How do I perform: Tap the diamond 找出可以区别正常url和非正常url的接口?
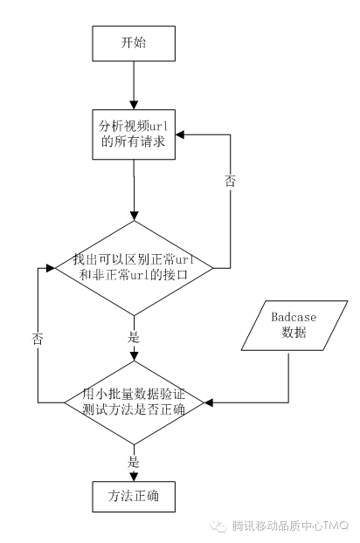coord(134,267)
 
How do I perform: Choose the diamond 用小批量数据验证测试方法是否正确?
coord(134,402)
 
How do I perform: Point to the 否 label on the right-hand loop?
coord(230,182)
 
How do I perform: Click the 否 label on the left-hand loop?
coord(38,337)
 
